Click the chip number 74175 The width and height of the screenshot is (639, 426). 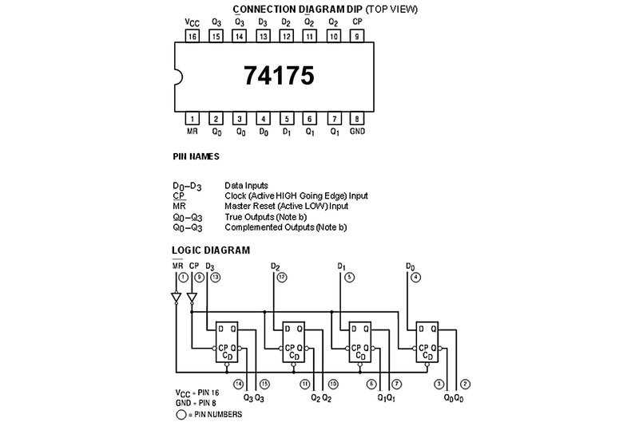[279, 76]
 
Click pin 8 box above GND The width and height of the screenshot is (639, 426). [356, 118]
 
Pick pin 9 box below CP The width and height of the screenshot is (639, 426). [356, 36]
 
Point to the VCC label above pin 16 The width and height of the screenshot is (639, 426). [192, 22]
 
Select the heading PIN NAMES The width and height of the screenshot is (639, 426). [196, 156]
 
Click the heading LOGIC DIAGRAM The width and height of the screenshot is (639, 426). [211, 250]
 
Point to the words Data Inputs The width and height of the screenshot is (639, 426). [246, 185]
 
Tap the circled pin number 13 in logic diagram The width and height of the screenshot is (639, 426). [216, 277]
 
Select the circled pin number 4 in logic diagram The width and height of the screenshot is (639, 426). [416, 277]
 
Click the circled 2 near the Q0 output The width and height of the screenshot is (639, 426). [465, 384]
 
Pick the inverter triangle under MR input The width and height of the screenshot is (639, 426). [177, 299]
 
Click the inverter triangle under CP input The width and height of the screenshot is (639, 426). [192, 299]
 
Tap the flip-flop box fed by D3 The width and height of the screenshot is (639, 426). [226, 341]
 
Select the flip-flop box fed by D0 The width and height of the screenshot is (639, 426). [425, 341]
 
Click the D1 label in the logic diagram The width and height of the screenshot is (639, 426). [341, 266]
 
